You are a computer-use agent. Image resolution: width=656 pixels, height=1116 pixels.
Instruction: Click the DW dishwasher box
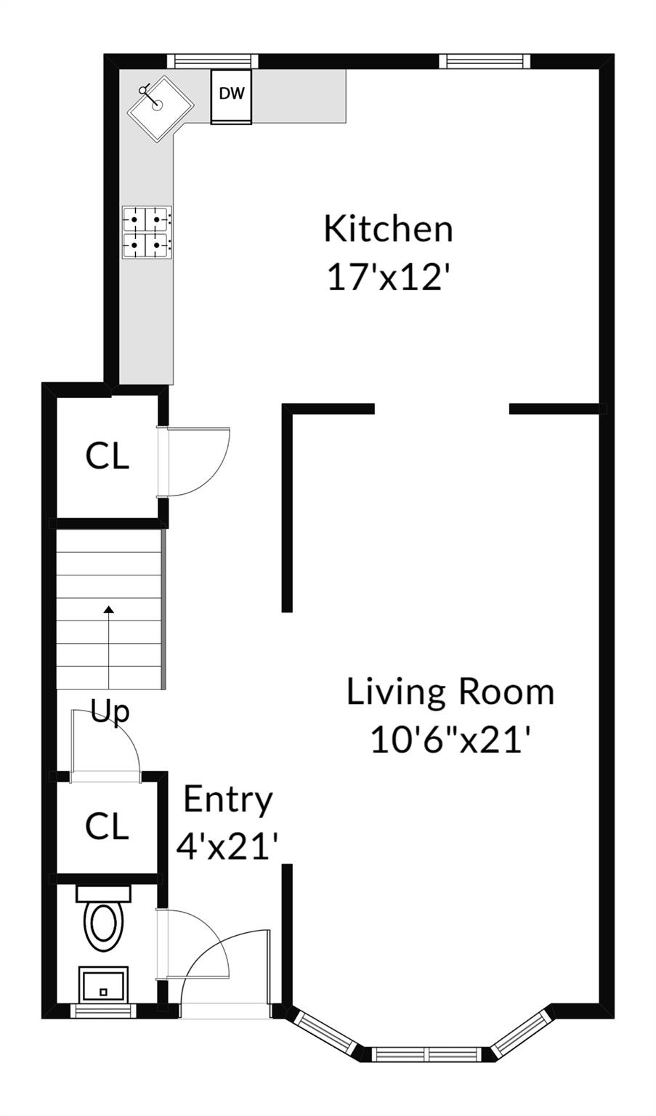(231, 96)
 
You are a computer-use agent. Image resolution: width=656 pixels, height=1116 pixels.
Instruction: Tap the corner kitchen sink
(161, 108)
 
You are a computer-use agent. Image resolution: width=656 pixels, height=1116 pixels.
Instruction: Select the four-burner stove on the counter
(147, 232)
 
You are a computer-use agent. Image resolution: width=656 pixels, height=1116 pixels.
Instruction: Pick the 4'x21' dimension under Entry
(227, 847)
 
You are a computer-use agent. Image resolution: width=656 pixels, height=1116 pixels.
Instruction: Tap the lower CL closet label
(107, 827)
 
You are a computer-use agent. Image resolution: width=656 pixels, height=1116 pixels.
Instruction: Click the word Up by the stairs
(110, 712)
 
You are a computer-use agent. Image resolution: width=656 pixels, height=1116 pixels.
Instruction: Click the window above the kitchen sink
(212, 61)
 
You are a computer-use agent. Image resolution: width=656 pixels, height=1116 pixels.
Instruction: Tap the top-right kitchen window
(485, 61)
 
